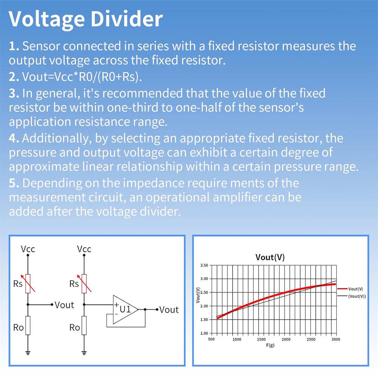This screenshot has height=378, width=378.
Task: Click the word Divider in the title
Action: [127, 19]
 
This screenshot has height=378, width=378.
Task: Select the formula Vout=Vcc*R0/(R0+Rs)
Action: [82, 77]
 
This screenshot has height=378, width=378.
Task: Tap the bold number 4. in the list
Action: [14, 138]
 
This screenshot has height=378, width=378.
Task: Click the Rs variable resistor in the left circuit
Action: [28, 283]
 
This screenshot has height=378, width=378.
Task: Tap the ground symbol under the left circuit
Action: [28, 353]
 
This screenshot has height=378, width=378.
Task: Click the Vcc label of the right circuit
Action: [84, 249]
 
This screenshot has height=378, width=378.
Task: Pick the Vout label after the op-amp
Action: [169, 310]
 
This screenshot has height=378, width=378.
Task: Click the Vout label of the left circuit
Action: [64, 305]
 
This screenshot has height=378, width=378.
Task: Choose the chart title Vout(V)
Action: [270, 257]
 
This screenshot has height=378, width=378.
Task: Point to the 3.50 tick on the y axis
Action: [204, 265]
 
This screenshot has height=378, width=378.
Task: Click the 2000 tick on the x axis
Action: [286, 339]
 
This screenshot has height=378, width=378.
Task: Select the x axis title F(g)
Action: [270, 345]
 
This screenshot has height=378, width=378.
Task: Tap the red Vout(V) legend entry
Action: [350, 289]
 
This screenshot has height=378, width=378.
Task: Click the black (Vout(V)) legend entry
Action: [352, 296]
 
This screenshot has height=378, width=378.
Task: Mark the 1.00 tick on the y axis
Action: [204, 333]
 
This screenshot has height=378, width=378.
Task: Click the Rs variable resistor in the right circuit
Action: [84, 283]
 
